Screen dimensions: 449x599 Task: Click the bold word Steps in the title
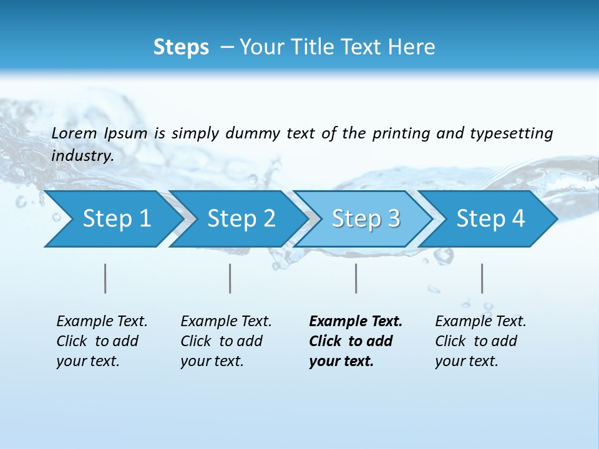point(181,47)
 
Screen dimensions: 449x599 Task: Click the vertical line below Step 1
point(105,278)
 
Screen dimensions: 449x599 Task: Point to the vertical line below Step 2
point(230,278)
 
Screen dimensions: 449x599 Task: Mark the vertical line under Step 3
point(356,278)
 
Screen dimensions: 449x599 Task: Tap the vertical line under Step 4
point(482,278)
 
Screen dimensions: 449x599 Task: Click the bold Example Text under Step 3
point(356,321)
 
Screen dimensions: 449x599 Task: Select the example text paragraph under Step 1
point(102,341)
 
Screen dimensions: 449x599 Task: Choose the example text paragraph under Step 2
point(226,341)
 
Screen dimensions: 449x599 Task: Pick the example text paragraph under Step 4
point(480,341)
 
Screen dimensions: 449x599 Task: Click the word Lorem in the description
point(74,133)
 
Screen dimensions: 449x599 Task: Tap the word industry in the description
point(82,155)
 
